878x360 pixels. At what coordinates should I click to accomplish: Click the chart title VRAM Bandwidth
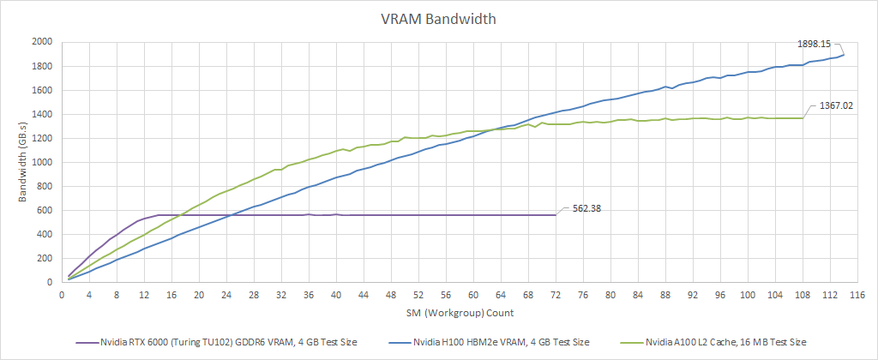[438, 18]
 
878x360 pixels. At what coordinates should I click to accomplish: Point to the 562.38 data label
[584, 207]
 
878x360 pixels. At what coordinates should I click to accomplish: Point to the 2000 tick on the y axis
[41, 42]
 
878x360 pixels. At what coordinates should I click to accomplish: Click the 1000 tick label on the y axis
[41, 162]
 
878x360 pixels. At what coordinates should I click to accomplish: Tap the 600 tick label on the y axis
[44, 210]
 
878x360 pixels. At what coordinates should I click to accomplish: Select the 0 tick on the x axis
[62, 294]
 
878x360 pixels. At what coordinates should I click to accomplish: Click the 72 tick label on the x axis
[556, 294]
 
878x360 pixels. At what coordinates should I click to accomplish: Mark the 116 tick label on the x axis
[857, 294]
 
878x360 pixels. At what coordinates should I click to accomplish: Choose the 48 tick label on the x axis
[391, 294]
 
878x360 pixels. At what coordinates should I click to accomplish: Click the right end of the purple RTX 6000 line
[556, 214]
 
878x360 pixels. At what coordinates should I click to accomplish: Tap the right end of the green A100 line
[803, 118]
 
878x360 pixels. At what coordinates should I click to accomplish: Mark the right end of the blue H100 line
[844, 55]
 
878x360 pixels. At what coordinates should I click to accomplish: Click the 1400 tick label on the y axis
[41, 114]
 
